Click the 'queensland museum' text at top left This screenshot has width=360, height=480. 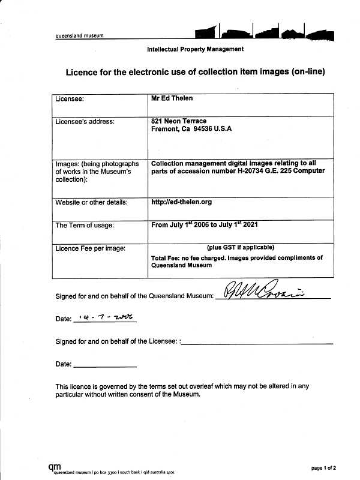[x=79, y=35]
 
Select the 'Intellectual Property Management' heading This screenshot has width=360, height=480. [x=195, y=49]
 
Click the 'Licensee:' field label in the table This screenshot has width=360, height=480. [x=70, y=98]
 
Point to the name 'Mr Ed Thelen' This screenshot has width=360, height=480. [x=172, y=98]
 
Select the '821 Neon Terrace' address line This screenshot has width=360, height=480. [x=179, y=121]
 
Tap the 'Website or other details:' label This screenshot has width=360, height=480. [x=92, y=202]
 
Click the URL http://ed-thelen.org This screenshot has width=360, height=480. [x=182, y=202]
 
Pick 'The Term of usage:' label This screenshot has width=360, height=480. [x=85, y=226]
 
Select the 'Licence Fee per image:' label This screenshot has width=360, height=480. [x=91, y=248]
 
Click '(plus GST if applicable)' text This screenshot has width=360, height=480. [x=241, y=247]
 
